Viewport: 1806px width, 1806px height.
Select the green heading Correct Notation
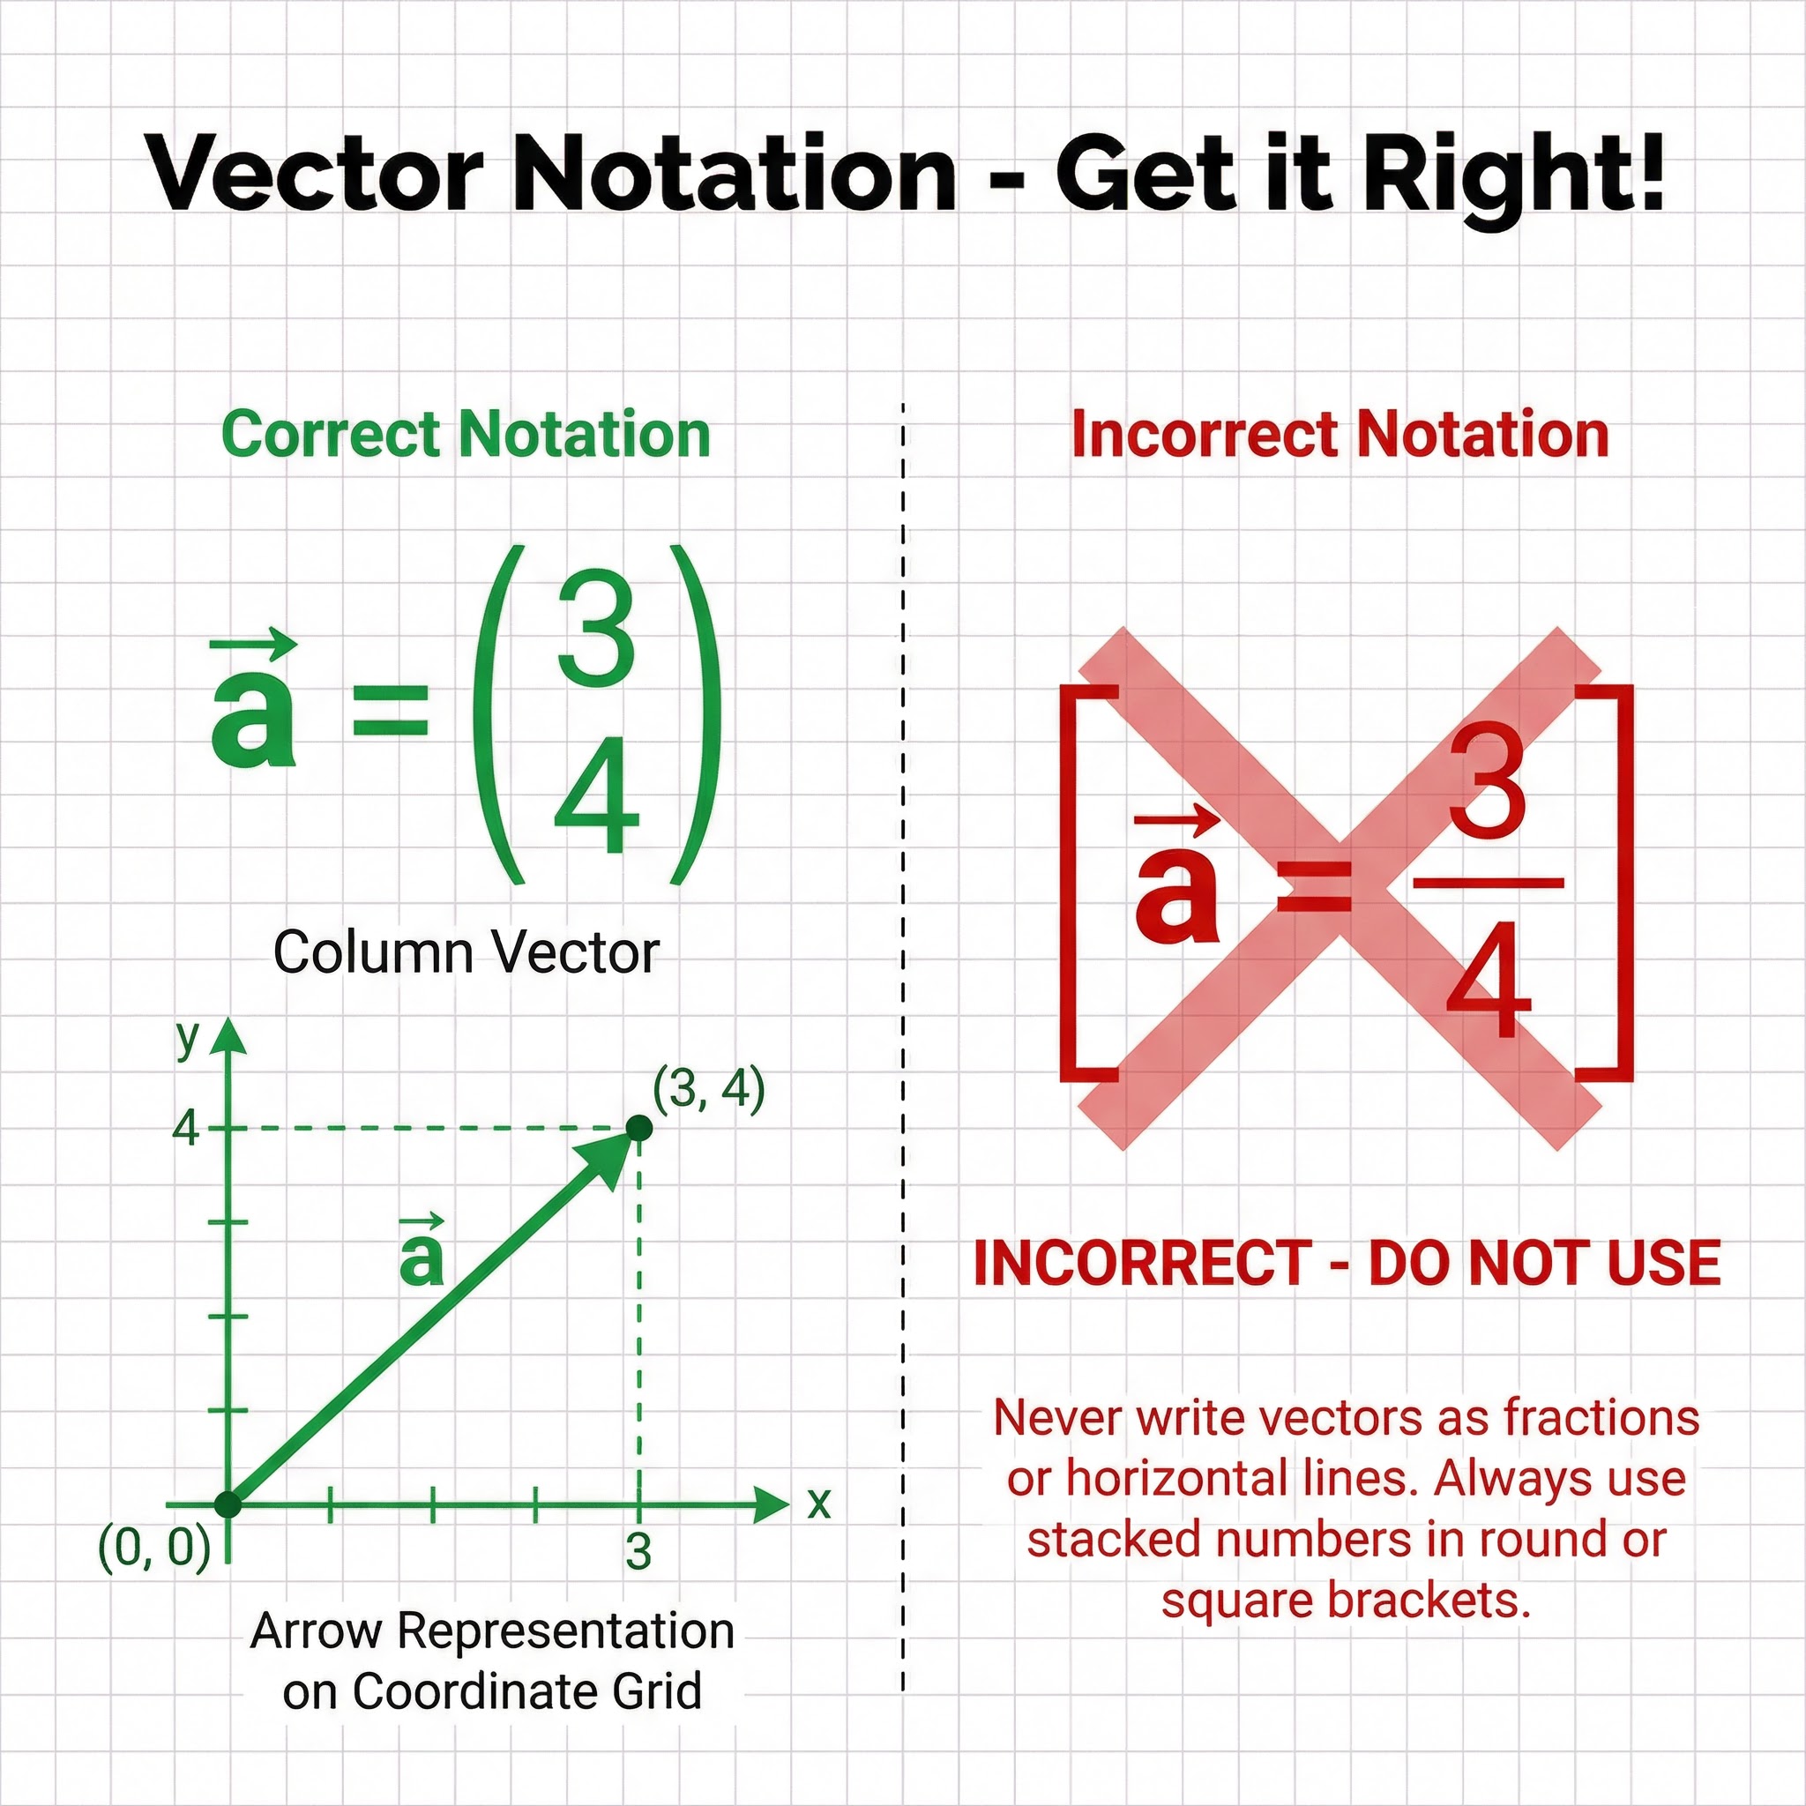(x=466, y=435)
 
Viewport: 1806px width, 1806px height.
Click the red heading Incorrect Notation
(x=1340, y=435)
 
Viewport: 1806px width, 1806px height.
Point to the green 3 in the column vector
(x=596, y=628)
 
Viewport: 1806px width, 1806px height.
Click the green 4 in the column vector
(x=596, y=795)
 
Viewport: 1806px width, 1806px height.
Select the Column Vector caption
(x=466, y=953)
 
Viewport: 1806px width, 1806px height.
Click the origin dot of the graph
(x=228, y=1505)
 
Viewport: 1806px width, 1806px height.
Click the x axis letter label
(x=819, y=1504)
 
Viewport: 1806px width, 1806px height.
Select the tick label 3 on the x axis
(x=638, y=1553)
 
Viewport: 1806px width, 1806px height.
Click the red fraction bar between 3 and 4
(x=1488, y=883)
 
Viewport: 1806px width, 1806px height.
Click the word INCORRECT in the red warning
(x=1142, y=1264)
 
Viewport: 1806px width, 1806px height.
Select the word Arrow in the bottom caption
(x=316, y=1631)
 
